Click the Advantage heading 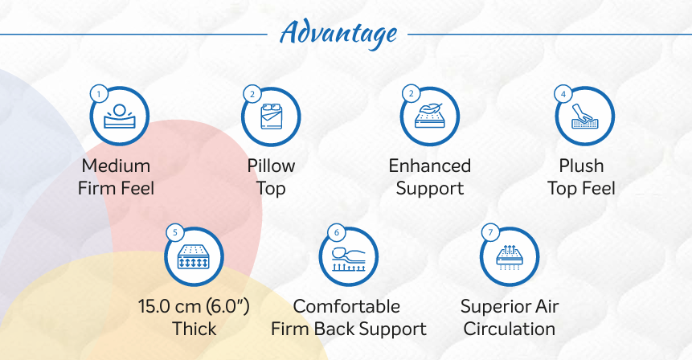pos(338,34)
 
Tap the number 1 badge pos(99,94)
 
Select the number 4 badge pos(563,94)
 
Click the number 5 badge pos(175,232)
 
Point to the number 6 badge pos(337,232)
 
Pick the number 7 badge pos(490,232)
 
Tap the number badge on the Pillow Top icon pos(252,94)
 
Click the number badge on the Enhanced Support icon pos(412,93)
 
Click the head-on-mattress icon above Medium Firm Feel pos(120,116)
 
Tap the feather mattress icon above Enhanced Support pos(429,116)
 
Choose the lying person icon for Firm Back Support pos(349,259)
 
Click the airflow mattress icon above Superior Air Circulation pos(510,257)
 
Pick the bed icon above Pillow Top pos(271,116)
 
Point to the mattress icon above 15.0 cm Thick pos(193,257)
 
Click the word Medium pos(116,166)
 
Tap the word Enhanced pos(430,166)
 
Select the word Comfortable pos(346,306)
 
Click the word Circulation pos(510,329)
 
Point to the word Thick pos(194,329)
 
